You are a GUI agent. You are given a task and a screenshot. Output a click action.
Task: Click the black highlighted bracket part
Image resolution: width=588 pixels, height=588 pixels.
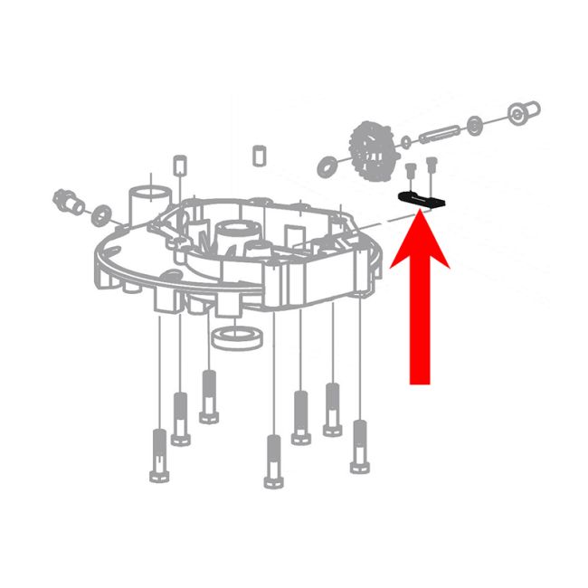[421, 199]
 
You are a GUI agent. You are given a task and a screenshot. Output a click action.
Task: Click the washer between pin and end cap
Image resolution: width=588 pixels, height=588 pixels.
[476, 123]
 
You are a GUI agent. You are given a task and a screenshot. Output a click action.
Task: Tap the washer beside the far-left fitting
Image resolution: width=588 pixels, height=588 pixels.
[101, 213]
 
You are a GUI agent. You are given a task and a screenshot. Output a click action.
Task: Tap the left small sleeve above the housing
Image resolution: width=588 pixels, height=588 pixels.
[179, 163]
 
